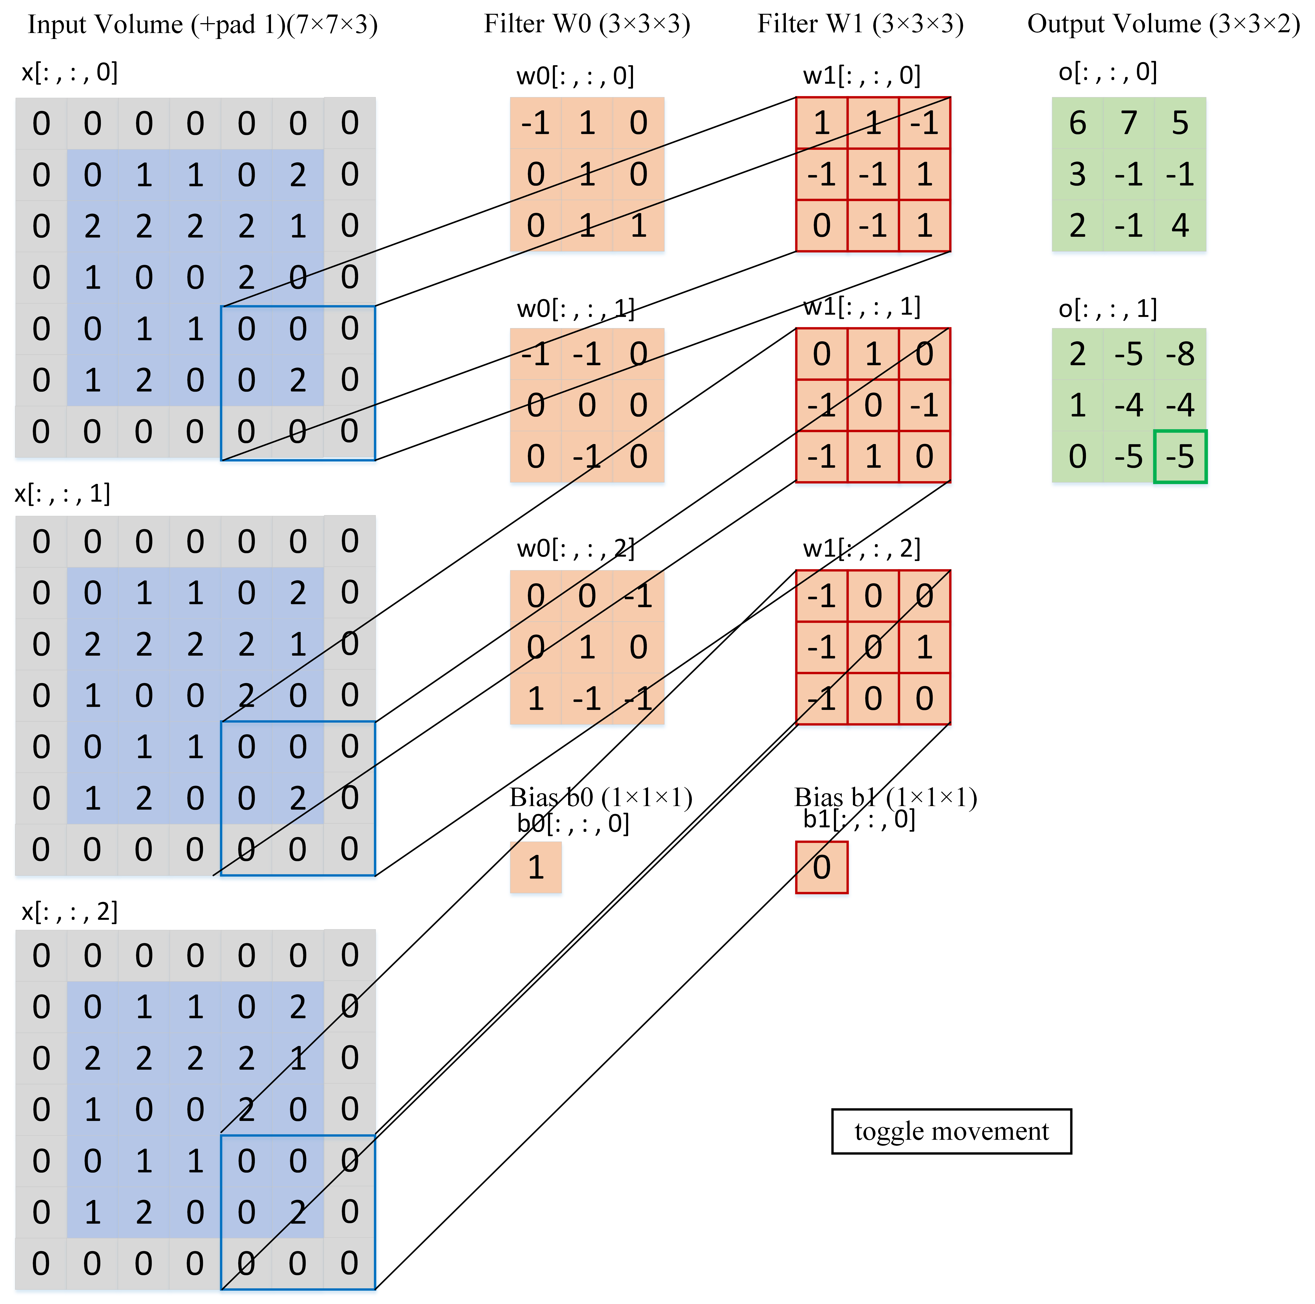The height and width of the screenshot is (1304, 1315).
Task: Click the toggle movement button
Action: click(x=951, y=1131)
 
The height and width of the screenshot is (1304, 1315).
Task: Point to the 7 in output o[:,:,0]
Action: click(x=1128, y=123)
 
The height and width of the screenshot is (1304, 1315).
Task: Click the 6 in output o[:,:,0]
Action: click(x=1078, y=123)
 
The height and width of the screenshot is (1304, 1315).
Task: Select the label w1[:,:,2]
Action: click(x=861, y=548)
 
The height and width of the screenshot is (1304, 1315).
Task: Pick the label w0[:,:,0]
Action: click(x=575, y=75)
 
